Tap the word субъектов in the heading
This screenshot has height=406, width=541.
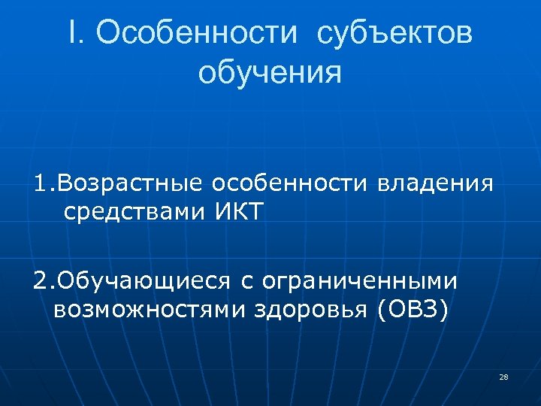[395, 35]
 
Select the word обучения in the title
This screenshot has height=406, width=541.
[270, 74]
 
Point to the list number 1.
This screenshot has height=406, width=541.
[40, 183]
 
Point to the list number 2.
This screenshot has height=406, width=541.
[40, 281]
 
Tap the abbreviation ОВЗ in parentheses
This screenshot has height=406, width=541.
[413, 308]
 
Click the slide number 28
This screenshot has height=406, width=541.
[503, 376]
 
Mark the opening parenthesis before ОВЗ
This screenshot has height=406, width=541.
[384, 309]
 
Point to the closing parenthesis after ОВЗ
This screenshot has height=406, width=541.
[444, 309]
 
